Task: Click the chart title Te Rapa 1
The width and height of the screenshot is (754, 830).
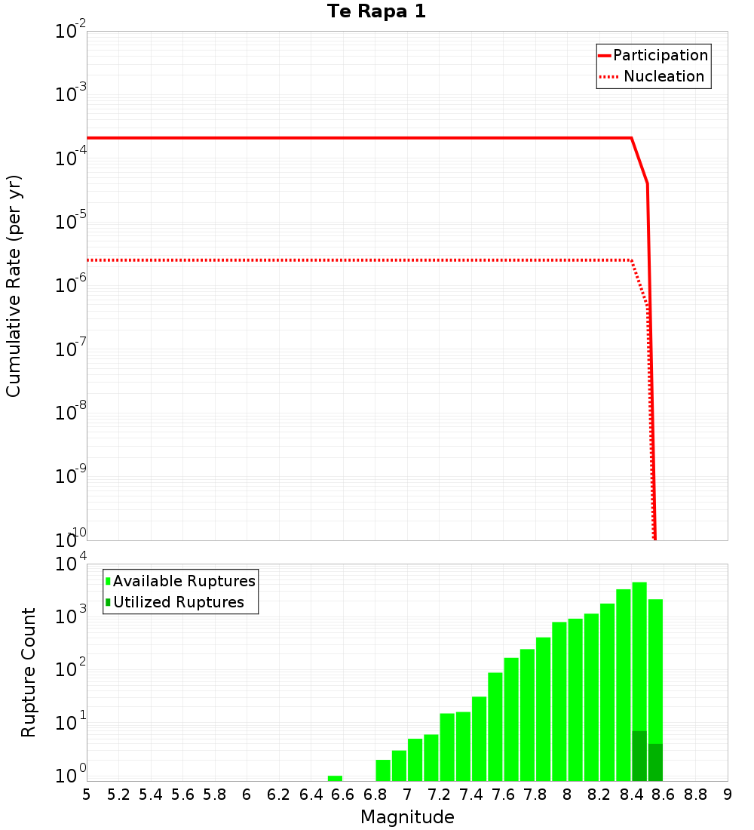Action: pyautogui.click(x=376, y=12)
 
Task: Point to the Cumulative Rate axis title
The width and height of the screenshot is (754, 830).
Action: pyautogui.click(x=14, y=286)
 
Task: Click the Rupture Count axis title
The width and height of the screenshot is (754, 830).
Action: pyautogui.click(x=29, y=672)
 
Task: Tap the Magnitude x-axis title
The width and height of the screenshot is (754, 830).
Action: pyautogui.click(x=407, y=817)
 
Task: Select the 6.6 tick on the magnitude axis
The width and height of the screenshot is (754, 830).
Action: pyautogui.click(x=342, y=795)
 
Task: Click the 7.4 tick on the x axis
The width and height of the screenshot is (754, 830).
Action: pyautogui.click(x=470, y=795)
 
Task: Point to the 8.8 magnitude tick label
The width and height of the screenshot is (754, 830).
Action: pyautogui.click(x=695, y=795)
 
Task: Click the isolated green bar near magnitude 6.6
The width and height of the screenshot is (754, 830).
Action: pyautogui.click(x=335, y=778)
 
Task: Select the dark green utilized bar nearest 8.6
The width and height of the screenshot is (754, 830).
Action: pyautogui.click(x=655, y=762)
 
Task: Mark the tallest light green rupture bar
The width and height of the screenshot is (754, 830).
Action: pyautogui.click(x=639, y=656)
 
